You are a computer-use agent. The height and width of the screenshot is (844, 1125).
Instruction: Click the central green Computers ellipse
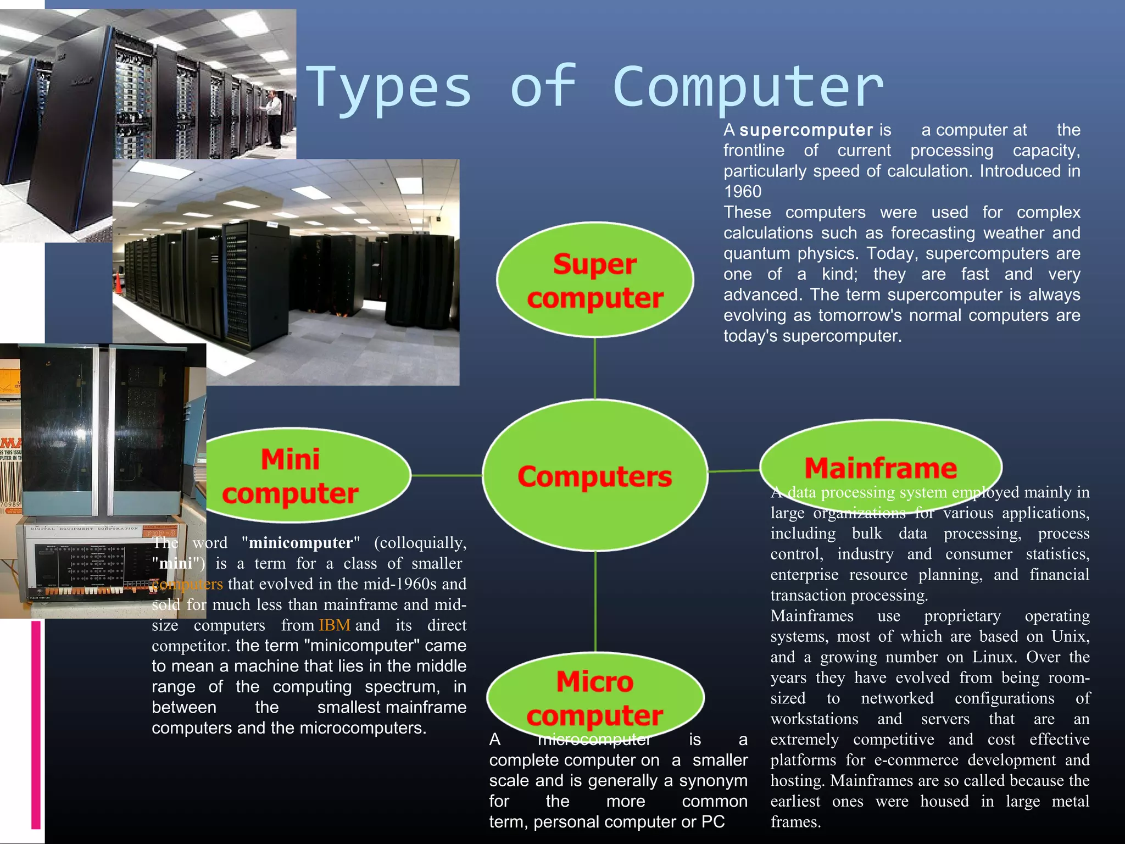tap(595, 476)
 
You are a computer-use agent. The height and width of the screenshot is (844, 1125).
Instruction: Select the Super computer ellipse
tap(595, 280)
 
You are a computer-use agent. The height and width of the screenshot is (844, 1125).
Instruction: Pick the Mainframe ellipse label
tap(881, 468)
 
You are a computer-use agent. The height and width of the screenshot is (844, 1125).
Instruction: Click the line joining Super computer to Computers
tap(595, 368)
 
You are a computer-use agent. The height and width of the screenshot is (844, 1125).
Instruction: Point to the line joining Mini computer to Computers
tap(447, 475)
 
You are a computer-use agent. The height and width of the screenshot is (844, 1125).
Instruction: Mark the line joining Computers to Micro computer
tap(595, 602)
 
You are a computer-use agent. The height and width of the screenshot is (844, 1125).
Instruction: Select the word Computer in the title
tap(748, 88)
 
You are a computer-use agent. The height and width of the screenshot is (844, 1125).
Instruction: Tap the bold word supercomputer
tap(806, 130)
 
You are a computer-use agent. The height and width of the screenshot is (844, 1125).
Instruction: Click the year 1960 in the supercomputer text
tap(743, 192)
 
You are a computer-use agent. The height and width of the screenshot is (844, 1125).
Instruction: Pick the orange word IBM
tap(334, 625)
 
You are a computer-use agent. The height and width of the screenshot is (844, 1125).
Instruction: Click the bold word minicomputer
tap(300, 543)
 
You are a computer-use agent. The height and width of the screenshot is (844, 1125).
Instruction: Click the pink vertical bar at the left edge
tap(36, 725)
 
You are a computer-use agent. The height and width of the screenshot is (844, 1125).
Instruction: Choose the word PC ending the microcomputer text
tap(713, 822)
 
